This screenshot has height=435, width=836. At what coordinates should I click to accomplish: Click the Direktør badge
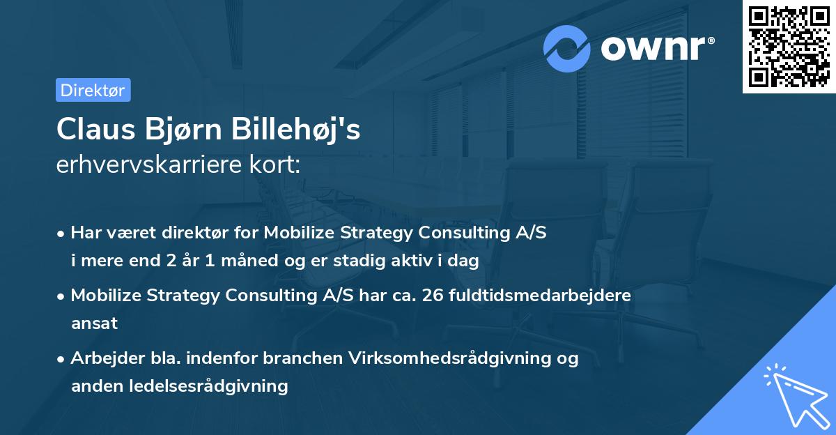pos(93,91)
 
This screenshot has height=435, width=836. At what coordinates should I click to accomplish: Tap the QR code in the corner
pos(789,47)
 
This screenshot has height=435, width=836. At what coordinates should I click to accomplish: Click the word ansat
pos(94,323)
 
